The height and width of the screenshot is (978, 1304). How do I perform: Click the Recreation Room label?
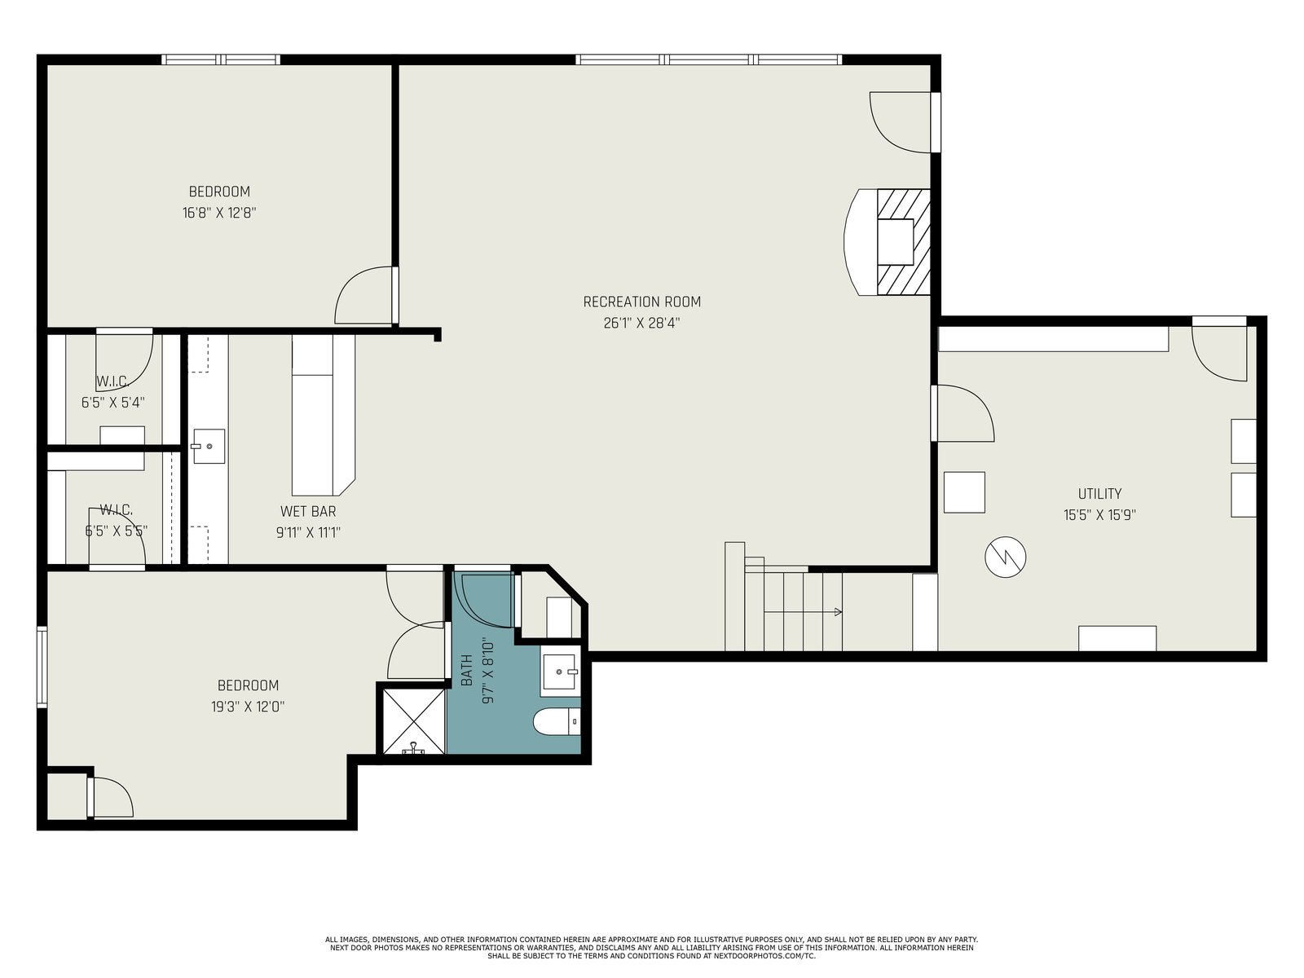(x=641, y=302)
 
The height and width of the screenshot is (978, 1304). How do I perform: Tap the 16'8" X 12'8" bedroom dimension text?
(x=219, y=213)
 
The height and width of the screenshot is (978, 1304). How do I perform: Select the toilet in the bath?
(x=557, y=722)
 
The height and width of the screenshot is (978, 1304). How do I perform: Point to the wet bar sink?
(x=208, y=446)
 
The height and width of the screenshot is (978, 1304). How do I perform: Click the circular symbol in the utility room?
(x=1005, y=557)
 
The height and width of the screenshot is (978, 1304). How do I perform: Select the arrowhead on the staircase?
(x=838, y=611)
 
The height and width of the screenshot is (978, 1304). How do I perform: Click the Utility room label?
(x=1099, y=493)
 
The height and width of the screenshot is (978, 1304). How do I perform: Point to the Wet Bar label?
(x=308, y=511)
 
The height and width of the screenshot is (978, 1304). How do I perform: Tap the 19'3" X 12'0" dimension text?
(x=248, y=707)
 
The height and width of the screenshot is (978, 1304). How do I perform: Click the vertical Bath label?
(x=467, y=670)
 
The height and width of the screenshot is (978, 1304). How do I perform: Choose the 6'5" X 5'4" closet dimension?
(x=112, y=403)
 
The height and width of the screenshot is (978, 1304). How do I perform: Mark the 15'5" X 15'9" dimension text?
(x=1099, y=515)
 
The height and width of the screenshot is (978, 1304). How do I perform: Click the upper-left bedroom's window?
(x=221, y=59)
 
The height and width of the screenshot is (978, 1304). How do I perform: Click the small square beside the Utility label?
(x=964, y=492)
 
